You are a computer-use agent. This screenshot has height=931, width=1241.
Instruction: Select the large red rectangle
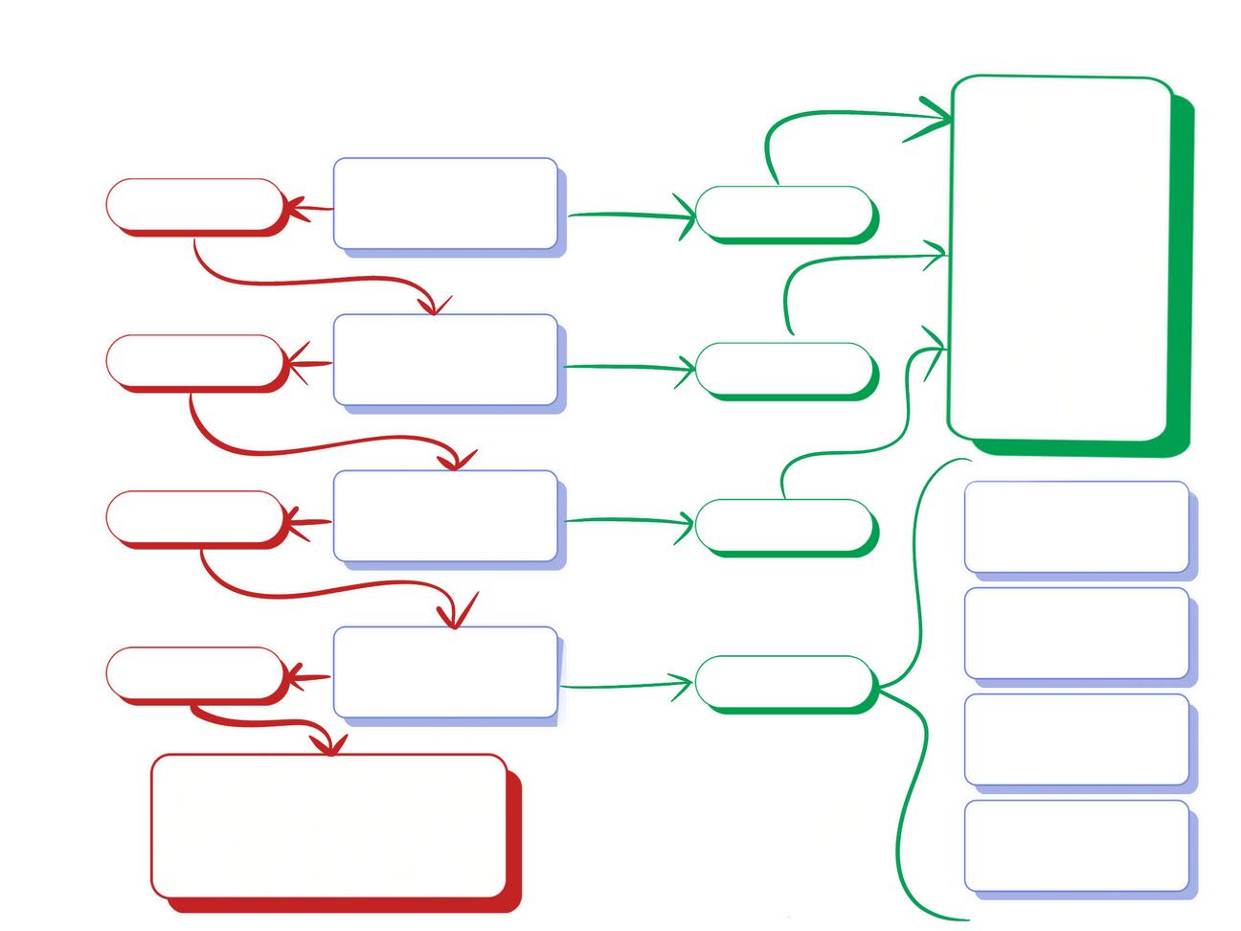[x=328, y=826]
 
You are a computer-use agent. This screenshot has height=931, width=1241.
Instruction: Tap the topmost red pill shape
[x=194, y=204]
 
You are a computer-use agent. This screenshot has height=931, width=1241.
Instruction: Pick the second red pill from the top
[x=194, y=360]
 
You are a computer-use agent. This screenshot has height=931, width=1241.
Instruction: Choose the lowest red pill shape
[x=194, y=672]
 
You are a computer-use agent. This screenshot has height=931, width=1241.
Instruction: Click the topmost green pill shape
[x=783, y=212]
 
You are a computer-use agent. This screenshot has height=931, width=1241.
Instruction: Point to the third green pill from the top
[x=783, y=525]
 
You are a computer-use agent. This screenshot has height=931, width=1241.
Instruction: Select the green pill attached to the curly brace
[x=783, y=682]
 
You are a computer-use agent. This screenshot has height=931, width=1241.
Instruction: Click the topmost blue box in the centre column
[x=445, y=203]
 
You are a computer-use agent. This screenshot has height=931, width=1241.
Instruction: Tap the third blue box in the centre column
[x=445, y=515]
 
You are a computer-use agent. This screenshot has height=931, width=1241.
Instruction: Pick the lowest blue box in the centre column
[x=445, y=671]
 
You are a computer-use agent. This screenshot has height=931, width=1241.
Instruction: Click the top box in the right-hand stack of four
[x=1076, y=527]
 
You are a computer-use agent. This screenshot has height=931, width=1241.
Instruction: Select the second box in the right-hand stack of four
[x=1076, y=633]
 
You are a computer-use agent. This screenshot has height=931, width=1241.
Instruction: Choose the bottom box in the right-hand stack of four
[x=1076, y=846]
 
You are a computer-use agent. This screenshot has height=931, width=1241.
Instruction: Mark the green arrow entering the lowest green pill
[x=622, y=685]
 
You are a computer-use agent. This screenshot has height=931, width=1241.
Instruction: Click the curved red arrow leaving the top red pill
[x=306, y=282]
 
